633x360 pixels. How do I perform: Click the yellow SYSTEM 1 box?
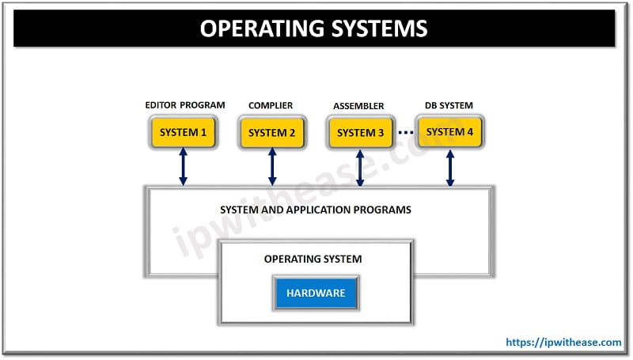coord(183,132)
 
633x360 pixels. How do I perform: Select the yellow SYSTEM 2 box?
coord(271,132)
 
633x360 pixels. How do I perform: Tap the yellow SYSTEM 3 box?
coord(360,132)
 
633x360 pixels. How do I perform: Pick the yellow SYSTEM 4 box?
coord(449,131)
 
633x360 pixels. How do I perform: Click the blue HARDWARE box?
coord(316,293)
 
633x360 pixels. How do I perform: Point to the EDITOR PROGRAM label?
coord(184,104)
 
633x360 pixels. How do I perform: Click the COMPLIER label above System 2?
coord(271,105)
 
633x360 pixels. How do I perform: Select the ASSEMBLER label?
coord(358,105)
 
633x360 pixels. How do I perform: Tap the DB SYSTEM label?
coord(449,104)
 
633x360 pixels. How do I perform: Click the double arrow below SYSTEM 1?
coord(184,168)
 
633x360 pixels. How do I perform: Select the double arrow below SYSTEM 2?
coord(272,168)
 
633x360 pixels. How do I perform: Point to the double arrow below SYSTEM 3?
coord(361,168)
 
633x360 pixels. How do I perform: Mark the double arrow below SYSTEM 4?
coord(450,168)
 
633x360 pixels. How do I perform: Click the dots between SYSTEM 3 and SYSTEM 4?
coord(405,132)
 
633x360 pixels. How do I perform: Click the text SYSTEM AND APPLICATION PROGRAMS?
coord(316,210)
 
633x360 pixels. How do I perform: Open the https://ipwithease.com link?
coord(563,343)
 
